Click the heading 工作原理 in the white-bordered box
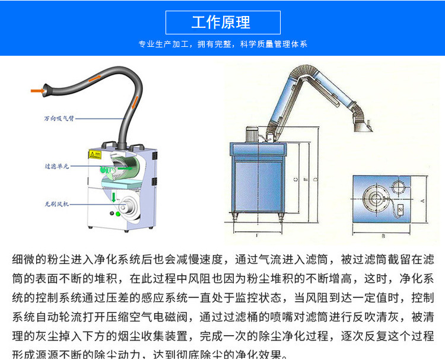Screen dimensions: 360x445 [x=222, y=23]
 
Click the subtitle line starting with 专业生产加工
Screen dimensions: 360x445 [x=223, y=44]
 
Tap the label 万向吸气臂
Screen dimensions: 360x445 [x=56, y=119]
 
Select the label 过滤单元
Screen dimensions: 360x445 [x=57, y=166]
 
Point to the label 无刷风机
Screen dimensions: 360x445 [x=57, y=203]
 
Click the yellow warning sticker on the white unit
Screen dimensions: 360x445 [x=93, y=154]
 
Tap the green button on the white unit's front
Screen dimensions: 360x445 [x=117, y=214]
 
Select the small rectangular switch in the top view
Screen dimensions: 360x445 [x=401, y=208]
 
